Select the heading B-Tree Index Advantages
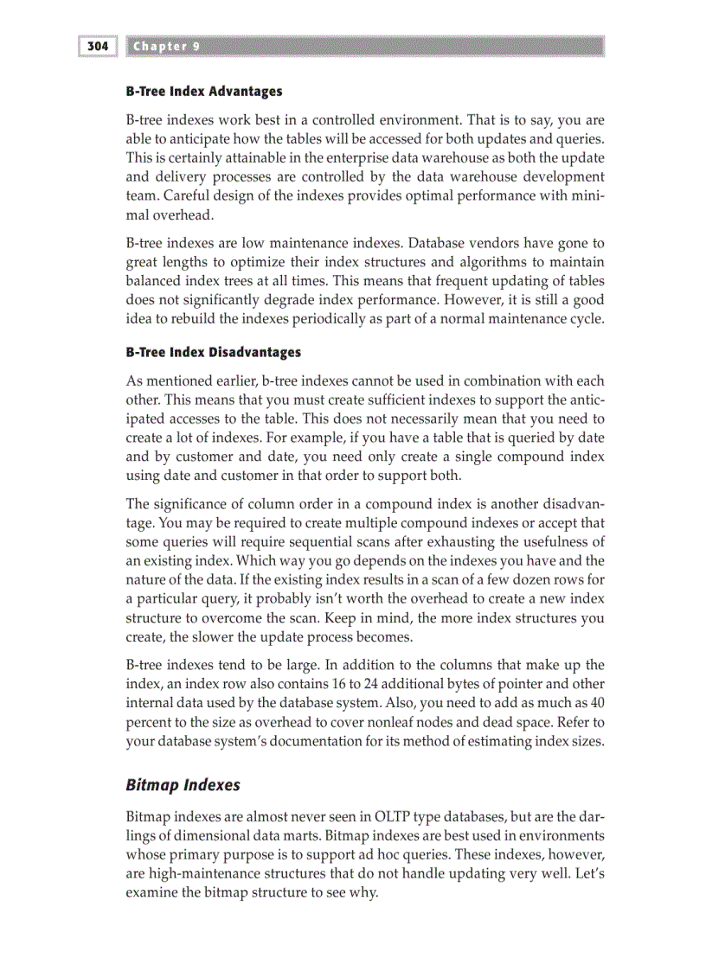[x=204, y=91]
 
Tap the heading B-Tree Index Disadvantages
[x=214, y=352]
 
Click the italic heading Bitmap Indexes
[x=183, y=785]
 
